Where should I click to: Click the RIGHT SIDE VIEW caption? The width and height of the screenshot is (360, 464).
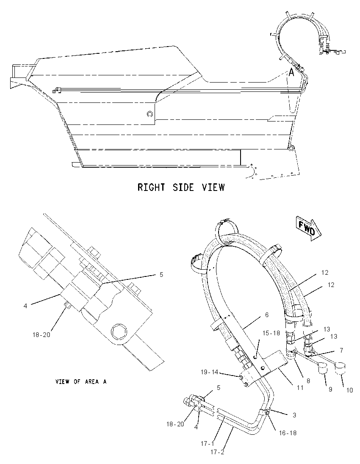181,187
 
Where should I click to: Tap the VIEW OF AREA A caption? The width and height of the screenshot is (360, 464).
81,381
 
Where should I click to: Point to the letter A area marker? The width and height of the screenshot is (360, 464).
291,72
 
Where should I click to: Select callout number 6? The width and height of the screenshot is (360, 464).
267,315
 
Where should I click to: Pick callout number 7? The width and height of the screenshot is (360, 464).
341,351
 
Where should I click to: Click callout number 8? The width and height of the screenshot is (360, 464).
308,381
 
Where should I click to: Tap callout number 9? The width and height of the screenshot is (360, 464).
330,389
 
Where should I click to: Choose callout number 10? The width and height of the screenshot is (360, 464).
350,390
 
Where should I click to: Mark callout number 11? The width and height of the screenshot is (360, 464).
300,387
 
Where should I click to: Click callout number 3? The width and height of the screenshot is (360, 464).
294,415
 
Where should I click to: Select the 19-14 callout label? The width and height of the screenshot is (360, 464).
209,372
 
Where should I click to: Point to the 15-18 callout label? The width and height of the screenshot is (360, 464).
271,333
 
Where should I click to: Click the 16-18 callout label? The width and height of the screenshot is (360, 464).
288,433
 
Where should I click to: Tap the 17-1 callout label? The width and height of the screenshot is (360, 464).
207,444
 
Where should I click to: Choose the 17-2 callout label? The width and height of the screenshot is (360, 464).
218,452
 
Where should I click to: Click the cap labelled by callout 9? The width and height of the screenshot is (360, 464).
322,370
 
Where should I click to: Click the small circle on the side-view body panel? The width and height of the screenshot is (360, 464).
150,113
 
